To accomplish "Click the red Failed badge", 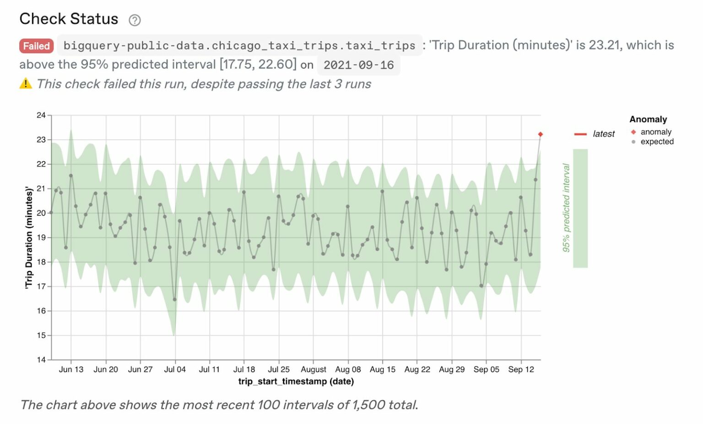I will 37,46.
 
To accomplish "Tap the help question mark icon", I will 135,20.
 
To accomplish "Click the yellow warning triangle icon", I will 26,83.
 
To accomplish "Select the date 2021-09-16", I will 358,65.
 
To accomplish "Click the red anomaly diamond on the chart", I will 541,134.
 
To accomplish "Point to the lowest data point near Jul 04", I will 175,299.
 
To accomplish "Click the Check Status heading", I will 69,19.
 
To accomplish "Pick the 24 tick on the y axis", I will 41,115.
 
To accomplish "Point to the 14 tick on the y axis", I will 41,360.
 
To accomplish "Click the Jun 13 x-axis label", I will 71,370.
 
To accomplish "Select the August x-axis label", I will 314,370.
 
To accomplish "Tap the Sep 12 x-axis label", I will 521,370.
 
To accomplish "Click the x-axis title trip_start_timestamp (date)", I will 296,381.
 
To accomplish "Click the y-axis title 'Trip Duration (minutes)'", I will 29,237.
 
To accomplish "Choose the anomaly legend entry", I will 655,132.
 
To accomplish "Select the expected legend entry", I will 657,141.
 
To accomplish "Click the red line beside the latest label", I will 580,134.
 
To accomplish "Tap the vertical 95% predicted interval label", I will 566,208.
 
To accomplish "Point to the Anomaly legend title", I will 648,119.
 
